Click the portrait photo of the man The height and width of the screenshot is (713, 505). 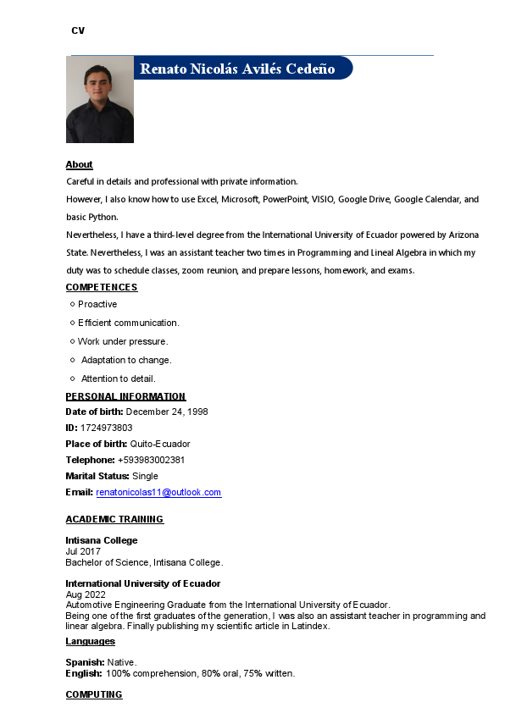[100, 100]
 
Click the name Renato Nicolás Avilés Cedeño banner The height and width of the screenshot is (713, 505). [237, 69]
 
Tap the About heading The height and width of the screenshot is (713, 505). [79, 164]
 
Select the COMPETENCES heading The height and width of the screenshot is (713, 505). [102, 287]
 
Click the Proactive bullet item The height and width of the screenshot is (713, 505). [97, 304]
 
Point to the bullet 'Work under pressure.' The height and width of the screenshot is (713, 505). [123, 341]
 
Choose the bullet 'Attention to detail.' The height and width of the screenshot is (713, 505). [119, 379]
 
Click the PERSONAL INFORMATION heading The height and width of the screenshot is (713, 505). [125, 396]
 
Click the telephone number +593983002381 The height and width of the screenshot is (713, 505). [151, 460]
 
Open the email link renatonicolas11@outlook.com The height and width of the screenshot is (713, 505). [158, 492]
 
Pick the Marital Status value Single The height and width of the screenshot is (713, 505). [145, 476]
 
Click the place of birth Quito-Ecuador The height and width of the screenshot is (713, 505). [160, 444]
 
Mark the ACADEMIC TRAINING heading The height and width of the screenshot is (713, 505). [114, 519]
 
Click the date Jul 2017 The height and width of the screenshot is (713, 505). [83, 551]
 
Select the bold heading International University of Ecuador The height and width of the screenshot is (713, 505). [143, 583]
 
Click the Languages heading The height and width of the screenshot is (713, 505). [91, 642]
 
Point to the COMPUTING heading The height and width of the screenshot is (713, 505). [94, 694]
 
